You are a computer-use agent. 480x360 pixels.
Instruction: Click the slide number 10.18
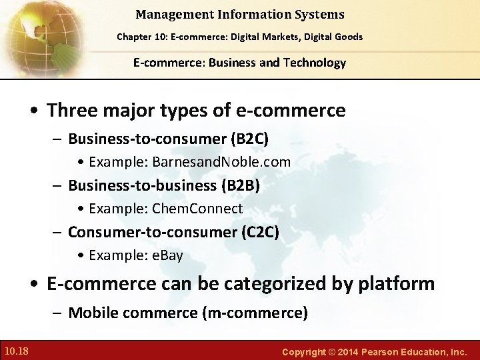tap(16, 351)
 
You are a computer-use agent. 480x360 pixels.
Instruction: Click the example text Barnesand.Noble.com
tap(221, 162)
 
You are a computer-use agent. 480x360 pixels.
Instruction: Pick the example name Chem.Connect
tap(197, 209)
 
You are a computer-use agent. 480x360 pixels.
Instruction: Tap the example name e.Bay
tap(167, 255)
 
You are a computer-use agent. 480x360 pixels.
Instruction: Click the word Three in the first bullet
tap(71, 110)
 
